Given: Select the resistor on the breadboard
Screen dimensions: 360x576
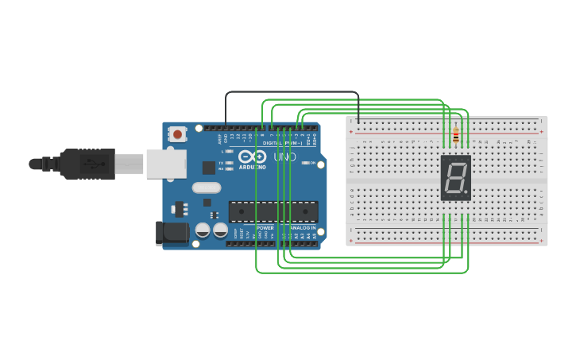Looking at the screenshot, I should click(455, 137).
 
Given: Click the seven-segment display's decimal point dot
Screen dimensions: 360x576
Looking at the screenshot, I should click(466, 192).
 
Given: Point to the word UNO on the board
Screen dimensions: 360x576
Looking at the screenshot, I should click(284, 157).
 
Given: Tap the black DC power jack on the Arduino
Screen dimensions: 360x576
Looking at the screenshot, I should click(171, 233).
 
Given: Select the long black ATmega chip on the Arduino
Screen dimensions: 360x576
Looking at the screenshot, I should click(273, 211).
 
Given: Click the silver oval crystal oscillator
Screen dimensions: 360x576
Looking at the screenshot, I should click(206, 188).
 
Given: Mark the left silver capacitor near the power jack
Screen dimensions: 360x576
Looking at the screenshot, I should click(203, 230).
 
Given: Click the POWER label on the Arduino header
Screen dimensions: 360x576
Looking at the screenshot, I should click(265, 228).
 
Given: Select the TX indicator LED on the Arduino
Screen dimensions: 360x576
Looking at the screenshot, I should click(229, 163).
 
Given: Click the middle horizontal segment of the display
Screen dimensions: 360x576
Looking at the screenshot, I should click(455, 177).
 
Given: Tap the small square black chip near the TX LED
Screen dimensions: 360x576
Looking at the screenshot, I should click(209, 167).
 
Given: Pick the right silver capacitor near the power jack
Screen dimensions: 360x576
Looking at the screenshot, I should click(220, 230).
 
